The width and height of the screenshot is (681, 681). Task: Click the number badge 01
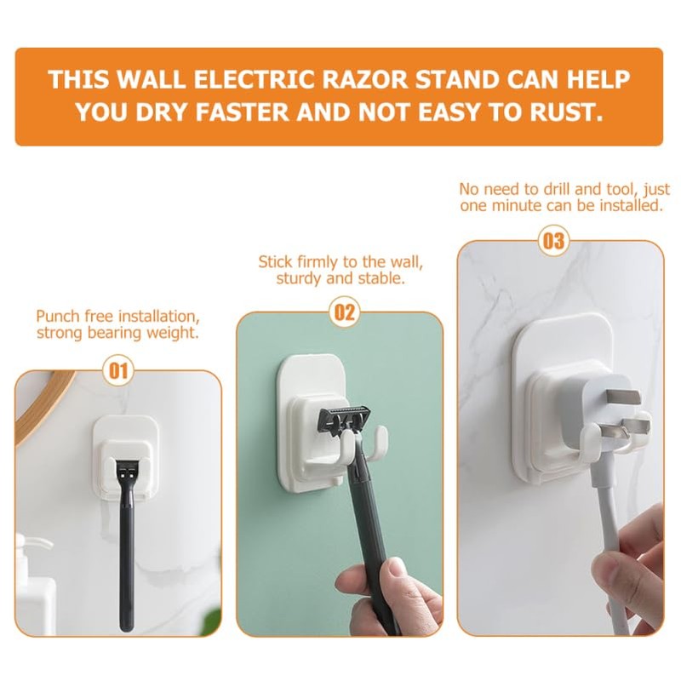click(118, 372)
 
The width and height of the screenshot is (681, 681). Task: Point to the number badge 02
click(345, 312)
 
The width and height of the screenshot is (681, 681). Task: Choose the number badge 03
click(554, 241)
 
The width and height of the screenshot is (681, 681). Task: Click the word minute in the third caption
click(510, 205)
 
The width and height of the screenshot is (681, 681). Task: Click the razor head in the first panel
click(126, 471)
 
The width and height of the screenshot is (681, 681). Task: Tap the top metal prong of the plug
click(624, 396)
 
